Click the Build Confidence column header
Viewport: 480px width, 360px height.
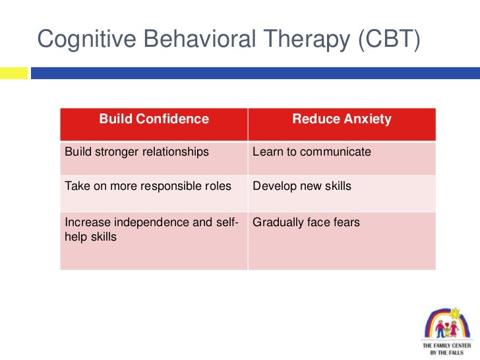coord(154,119)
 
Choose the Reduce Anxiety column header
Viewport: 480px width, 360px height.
coord(342,119)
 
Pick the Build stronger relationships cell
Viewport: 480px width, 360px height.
coord(136,152)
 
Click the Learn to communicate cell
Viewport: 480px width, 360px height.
coord(312,152)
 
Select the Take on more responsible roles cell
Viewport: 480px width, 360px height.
coord(148,186)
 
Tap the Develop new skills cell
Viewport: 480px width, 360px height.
coord(302,186)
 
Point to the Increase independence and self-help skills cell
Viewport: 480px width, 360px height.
coord(151,229)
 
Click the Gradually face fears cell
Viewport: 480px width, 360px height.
coord(306,222)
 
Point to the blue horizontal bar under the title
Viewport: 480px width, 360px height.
coord(255,73)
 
